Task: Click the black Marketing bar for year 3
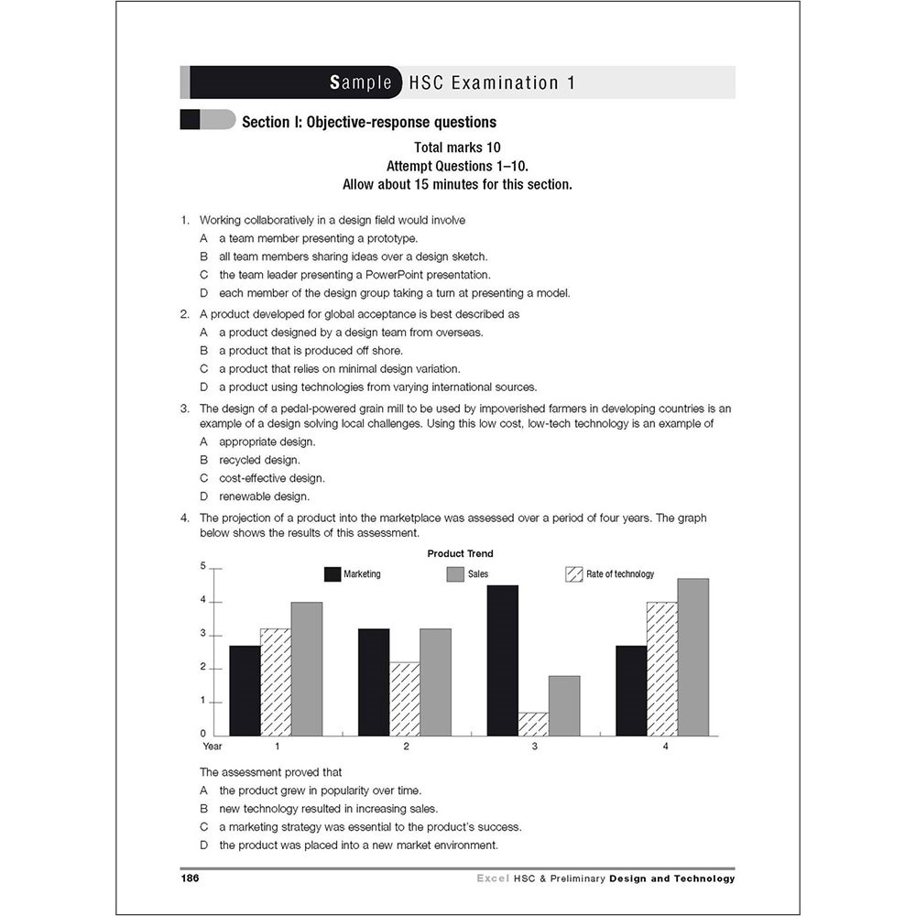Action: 502,660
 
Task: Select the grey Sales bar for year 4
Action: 692,657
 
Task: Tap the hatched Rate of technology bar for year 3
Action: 533,724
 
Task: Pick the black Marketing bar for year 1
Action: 245,690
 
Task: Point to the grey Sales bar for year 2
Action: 435,682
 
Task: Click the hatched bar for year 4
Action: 661,669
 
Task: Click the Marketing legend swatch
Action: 332,574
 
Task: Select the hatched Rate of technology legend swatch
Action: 574,574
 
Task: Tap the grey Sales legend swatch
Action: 455,574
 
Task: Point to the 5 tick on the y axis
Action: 203,567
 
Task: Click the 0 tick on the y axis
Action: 203,734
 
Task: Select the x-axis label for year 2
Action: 406,747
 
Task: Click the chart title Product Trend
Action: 460,553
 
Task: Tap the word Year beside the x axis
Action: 213,747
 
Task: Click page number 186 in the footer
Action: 190,878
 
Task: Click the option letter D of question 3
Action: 203,496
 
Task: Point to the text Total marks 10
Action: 457,147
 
